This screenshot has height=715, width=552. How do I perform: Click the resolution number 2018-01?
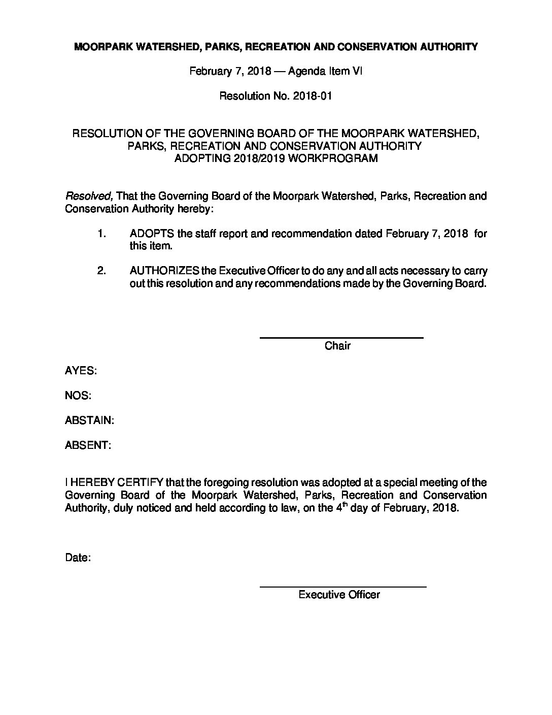pyautogui.click(x=313, y=96)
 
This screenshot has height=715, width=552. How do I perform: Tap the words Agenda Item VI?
pyautogui.click(x=325, y=71)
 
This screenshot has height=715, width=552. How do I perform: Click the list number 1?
pyautogui.click(x=101, y=234)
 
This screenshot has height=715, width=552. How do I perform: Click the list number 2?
pyautogui.click(x=101, y=271)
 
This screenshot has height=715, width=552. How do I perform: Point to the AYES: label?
pyautogui.click(x=81, y=371)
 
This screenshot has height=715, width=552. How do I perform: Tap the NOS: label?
pyautogui.click(x=78, y=396)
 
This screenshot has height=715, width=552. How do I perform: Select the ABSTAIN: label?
pyautogui.click(x=89, y=420)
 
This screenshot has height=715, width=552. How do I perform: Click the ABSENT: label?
pyautogui.click(x=88, y=445)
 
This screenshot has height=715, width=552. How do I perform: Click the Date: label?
pyautogui.click(x=78, y=558)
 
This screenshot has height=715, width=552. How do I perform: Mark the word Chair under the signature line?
pyautogui.click(x=337, y=346)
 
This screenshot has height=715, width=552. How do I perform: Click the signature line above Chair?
pyautogui.click(x=341, y=338)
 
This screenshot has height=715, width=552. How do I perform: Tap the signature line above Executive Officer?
pyautogui.click(x=343, y=587)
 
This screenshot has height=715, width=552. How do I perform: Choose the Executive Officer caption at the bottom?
pyautogui.click(x=339, y=595)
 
